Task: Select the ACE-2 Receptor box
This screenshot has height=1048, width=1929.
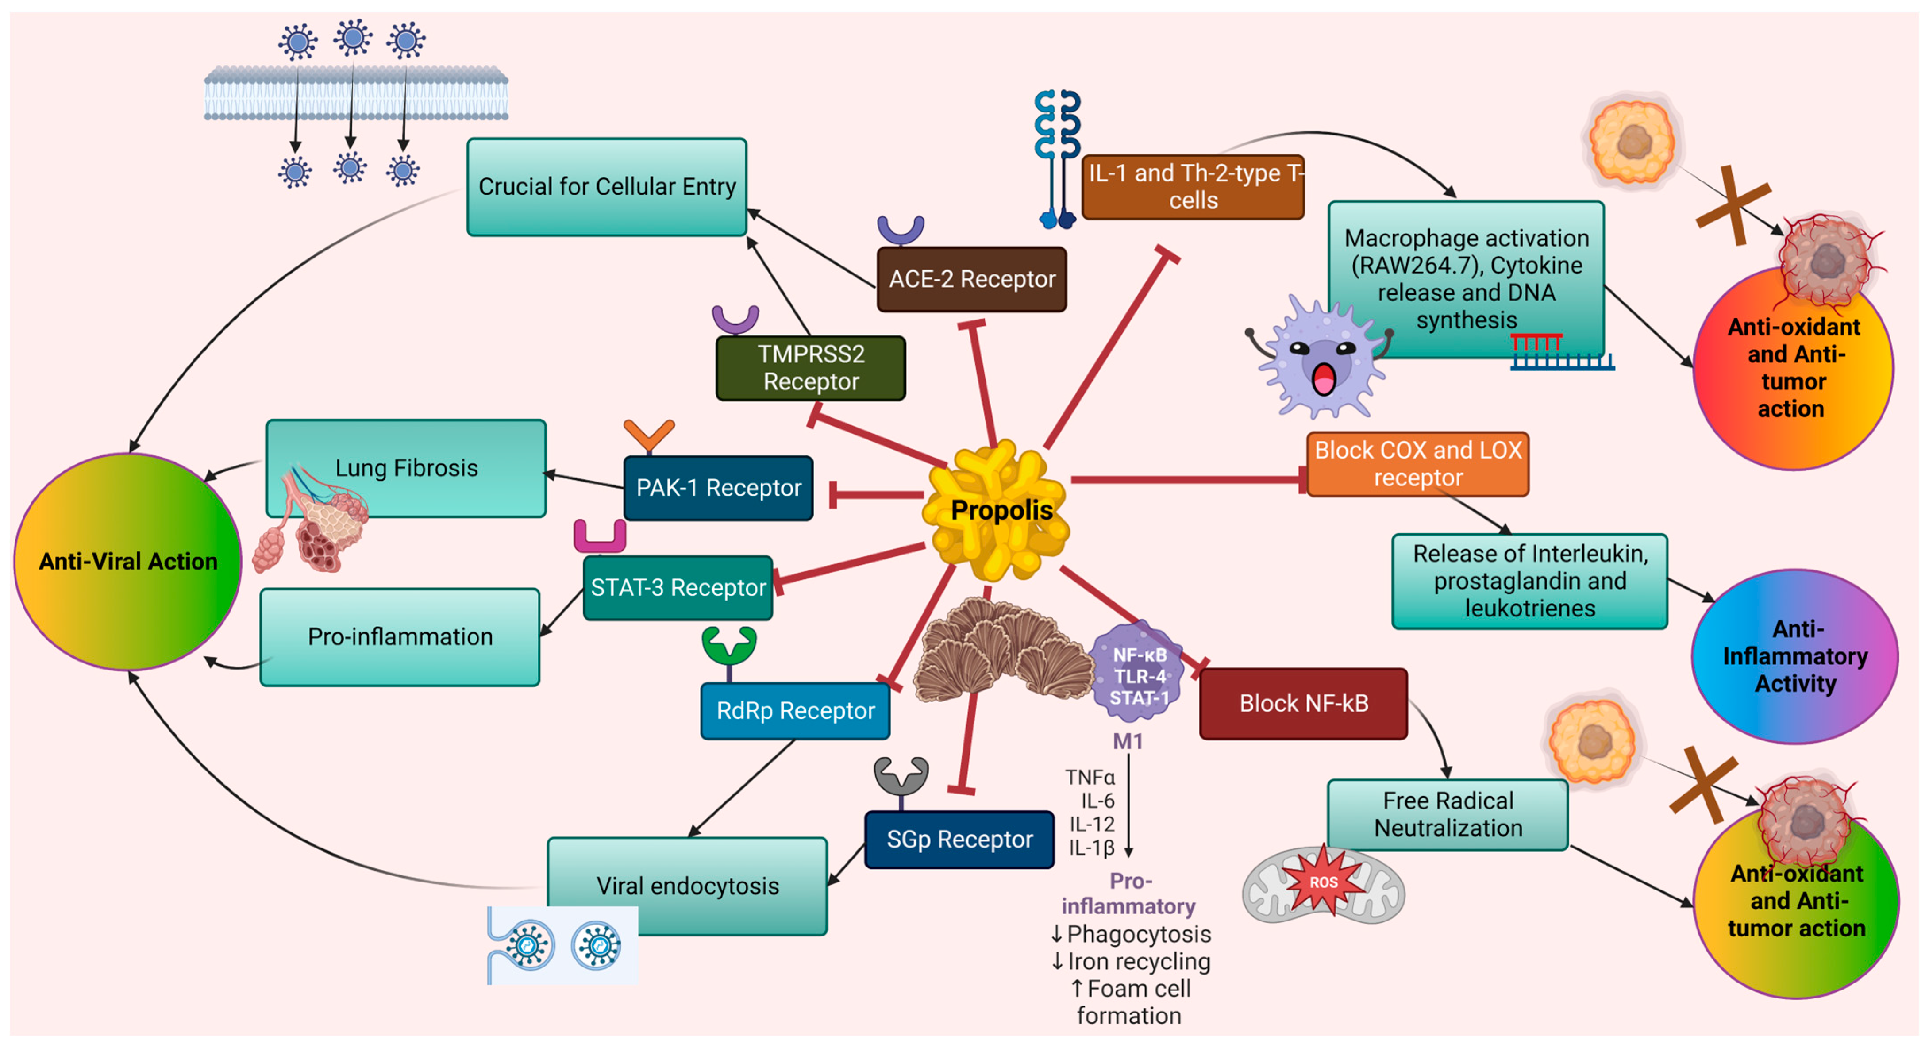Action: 971,279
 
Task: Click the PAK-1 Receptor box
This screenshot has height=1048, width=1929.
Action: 718,488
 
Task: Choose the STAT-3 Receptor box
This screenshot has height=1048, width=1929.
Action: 678,587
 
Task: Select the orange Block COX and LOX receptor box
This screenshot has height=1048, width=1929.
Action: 1417,464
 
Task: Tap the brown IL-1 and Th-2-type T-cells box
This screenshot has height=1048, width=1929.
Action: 1193,186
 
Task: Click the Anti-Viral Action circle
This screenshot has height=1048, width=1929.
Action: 128,561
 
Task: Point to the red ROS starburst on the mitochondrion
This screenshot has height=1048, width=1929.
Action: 1323,882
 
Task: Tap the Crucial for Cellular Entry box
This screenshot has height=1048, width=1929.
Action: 607,186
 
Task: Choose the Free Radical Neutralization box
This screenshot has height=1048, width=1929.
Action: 1448,814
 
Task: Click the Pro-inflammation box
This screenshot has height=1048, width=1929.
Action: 400,637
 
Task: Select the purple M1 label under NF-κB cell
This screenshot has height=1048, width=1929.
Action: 1127,742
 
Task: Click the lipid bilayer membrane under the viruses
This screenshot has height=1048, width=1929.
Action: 356,94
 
